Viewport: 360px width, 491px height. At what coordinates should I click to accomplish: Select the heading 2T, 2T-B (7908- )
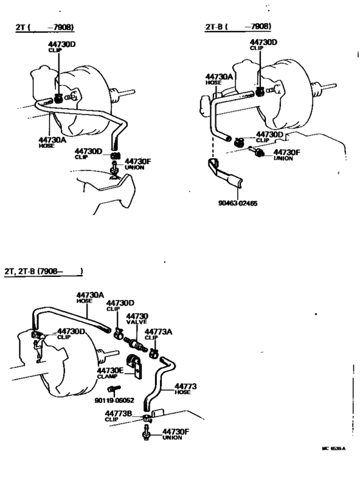[x=43, y=272]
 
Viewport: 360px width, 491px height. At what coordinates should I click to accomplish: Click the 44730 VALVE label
[x=136, y=319]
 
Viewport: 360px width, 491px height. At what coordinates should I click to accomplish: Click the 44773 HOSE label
[x=184, y=389]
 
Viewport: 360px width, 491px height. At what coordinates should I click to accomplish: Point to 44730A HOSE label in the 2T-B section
[x=218, y=78]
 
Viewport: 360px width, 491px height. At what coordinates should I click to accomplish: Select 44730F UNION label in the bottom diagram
[x=175, y=434]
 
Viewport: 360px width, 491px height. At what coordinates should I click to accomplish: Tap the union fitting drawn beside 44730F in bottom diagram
[x=145, y=436]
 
